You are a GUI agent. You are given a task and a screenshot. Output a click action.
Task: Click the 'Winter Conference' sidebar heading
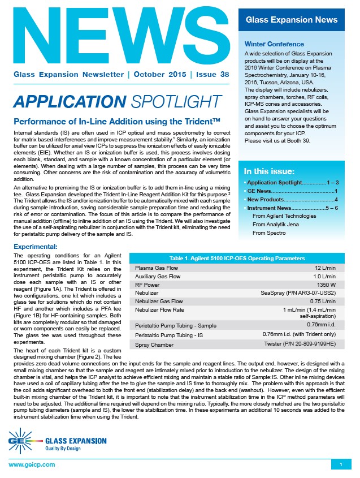(x=274, y=44)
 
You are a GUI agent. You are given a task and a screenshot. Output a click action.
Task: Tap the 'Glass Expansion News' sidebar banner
(x=292, y=20)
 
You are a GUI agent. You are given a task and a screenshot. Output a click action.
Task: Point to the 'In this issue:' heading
(x=268, y=171)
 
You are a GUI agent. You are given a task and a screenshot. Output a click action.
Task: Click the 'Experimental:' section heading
(x=35, y=247)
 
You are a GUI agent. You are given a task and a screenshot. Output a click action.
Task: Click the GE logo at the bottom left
(x=24, y=438)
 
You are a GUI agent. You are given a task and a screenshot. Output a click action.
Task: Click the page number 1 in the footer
(x=341, y=464)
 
